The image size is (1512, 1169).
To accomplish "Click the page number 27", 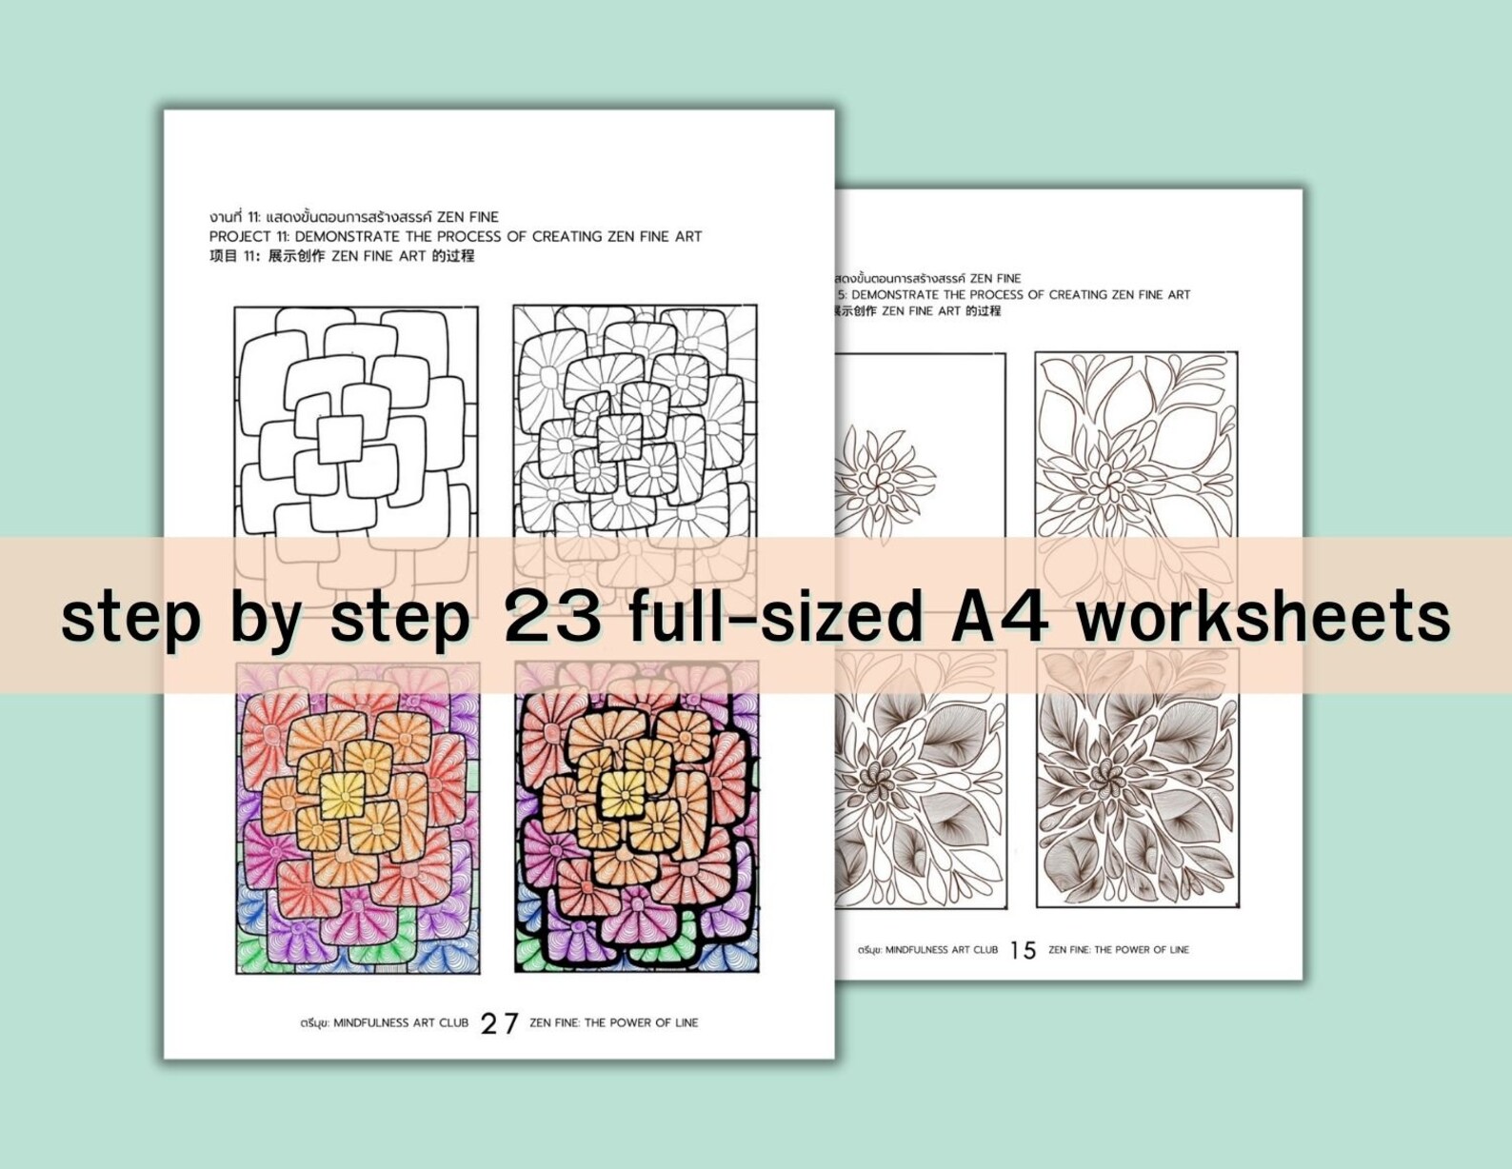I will pos(499,1023).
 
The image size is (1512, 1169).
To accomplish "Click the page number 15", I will pos(1023,950).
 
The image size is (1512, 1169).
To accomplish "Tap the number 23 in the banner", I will pos(552,617).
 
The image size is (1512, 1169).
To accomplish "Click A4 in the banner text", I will pos(1000,617).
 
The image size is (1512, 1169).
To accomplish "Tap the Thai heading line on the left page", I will pos(353,217).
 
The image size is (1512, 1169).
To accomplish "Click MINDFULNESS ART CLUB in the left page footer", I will pos(400,1023).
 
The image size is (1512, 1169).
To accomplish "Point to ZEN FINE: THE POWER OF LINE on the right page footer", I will pos(1119,950).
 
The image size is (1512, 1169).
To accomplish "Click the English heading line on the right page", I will pos(1019,295).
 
